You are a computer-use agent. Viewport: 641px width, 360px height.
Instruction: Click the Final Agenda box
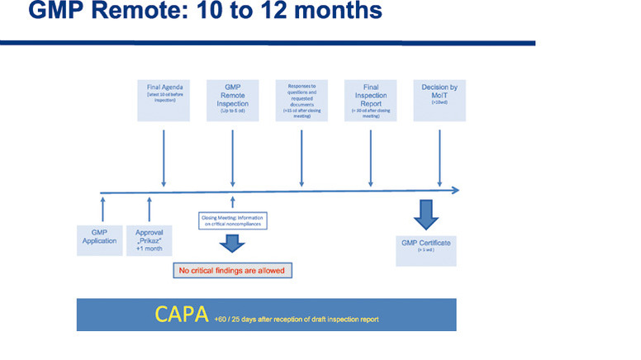(x=164, y=100)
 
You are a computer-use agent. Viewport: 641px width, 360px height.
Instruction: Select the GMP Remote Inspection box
(x=232, y=100)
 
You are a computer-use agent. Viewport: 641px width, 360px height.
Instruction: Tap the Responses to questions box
(x=302, y=100)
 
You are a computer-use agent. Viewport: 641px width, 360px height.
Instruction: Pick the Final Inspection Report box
(x=371, y=100)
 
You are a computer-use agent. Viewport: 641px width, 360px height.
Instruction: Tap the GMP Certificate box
(x=425, y=246)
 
